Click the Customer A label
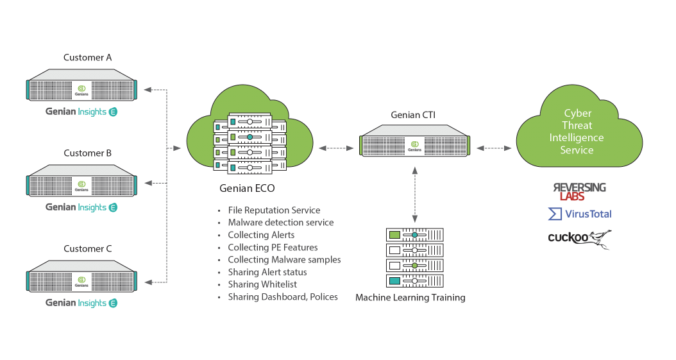tap(87, 58)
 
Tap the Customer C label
tap(87, 248)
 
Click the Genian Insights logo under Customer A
tap(81, 112)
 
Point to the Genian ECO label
tap(248, 188)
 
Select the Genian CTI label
tap(414, 116)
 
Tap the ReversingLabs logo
tap(579, 191)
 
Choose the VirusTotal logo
tap(580, 214)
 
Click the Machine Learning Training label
tap(410, 298)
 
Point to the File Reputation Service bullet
tap(274, 210)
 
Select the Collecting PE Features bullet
tap(273, 248)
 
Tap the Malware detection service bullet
tap(280, 223)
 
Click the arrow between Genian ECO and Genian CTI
tap(336, 148)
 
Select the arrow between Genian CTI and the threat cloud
tap(493, 148)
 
